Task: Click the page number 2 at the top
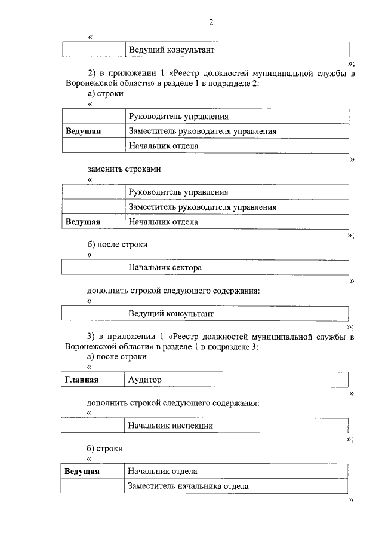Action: (210, 23)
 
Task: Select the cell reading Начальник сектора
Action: (165, 267)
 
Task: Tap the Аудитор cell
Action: (145, 380)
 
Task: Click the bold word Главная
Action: (82, 380)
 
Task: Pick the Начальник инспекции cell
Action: (171, 426)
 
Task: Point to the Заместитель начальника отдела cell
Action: (188, 486)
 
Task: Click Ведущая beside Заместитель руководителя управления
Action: (83, 131)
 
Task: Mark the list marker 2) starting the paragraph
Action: (91, 73)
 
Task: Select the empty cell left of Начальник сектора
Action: (93, 267)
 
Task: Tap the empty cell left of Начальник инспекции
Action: (93, 426)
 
